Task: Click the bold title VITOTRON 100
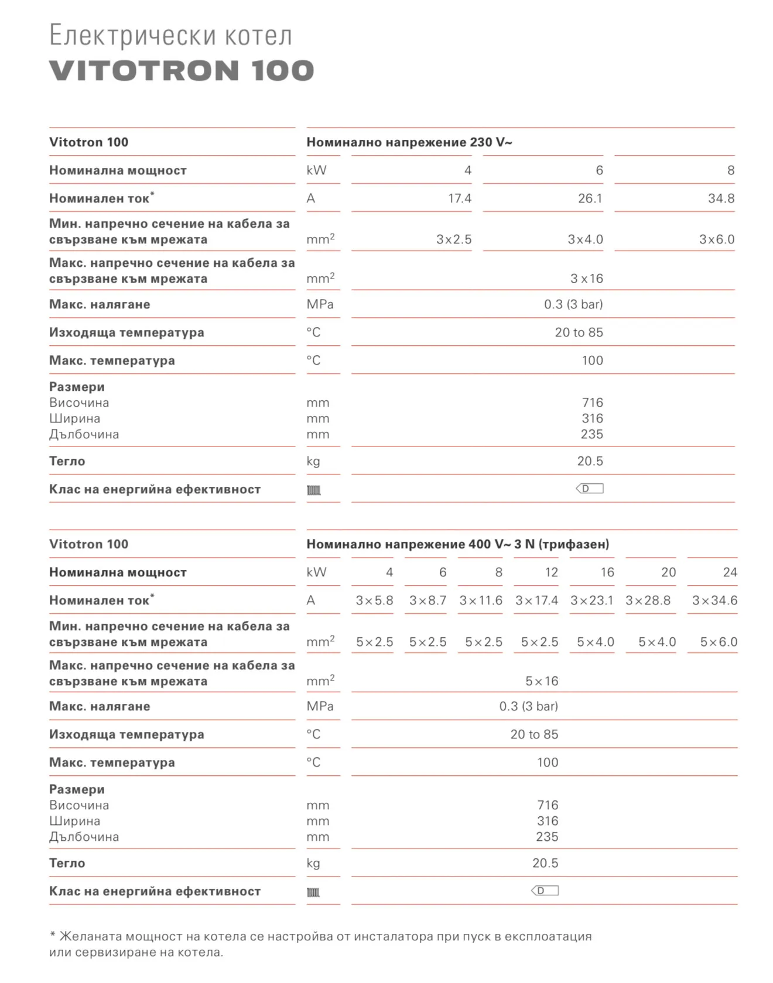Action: pos(182,71)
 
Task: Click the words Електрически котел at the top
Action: pos(170,35)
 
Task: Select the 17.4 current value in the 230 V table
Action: pos(459,198)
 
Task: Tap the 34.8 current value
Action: pos(721,198)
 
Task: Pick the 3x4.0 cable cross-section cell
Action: pos(585,239)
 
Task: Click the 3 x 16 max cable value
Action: pos(586,279)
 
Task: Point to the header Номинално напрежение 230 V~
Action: pos(409,142)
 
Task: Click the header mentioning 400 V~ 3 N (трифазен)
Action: pos(457,544)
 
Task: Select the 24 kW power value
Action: pos(730,572)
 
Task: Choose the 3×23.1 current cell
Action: pos(591,600)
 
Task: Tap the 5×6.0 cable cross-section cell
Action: pos(719,642)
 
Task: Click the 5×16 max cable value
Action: pos(542,681)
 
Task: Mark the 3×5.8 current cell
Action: pos(374,600)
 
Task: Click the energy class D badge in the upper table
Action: pos(589,489)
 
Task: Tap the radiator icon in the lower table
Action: pos(314,892)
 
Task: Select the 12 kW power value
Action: pos(551,572)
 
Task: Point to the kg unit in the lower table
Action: pos(313,863)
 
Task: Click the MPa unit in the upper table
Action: pos(320,304)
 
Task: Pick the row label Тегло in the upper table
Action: pos(67,461)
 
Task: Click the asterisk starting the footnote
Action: pos(53,935)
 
